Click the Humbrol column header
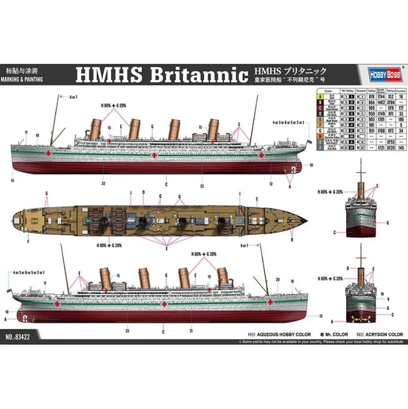click(x=401, y=91)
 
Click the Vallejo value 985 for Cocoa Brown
click(x=371, y=107)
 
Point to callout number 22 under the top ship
click(x=103, y=183)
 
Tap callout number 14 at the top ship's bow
click(x=13, y=181)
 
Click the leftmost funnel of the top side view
click(x=96, y=128)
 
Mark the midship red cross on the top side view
click(x=154, y=155)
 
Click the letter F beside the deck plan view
click(x=28, y=242)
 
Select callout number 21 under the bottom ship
click(x=191, y=331)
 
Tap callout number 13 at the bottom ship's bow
click(x=321, y=316)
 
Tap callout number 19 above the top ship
click(x=37, y=135)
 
